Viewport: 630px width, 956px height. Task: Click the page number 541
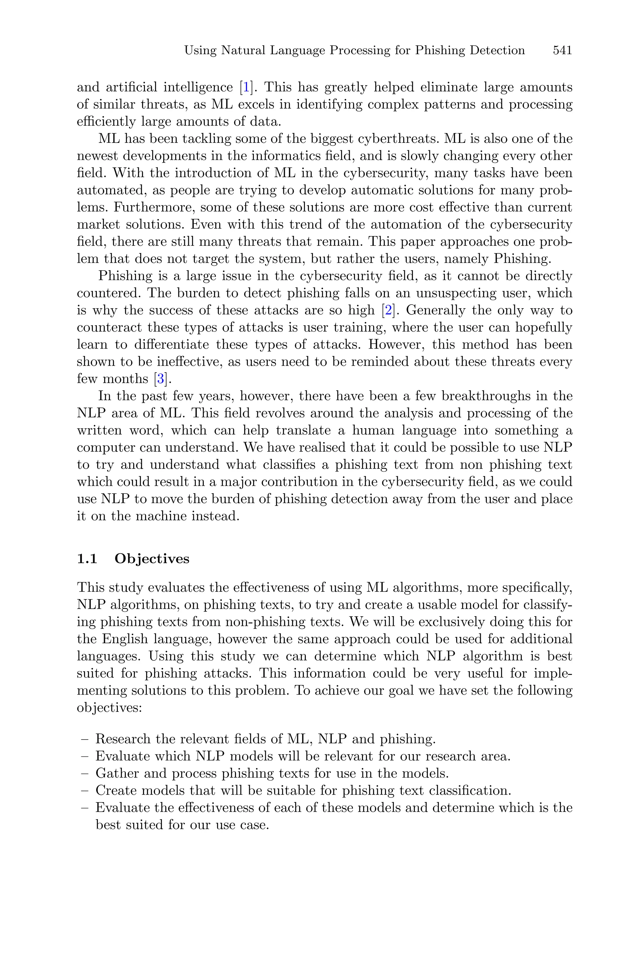click(562, 50)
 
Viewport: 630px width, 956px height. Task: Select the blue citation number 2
click(388, 310)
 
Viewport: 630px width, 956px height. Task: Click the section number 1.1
click(87, 559)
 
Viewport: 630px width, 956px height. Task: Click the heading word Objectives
click(152, 559)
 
